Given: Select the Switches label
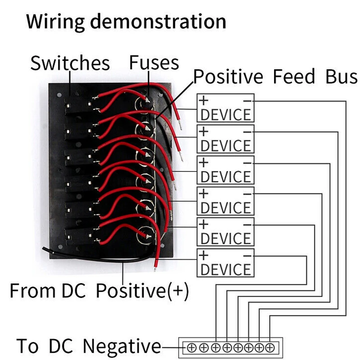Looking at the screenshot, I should [70, 63].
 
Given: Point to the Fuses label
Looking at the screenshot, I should [154, 63].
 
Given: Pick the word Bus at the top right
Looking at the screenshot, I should [342, 77].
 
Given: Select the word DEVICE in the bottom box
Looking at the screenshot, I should [225, 270].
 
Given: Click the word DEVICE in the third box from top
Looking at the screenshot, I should [225, 176].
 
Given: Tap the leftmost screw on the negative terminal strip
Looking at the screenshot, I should [191, 347].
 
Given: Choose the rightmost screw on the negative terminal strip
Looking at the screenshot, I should [270, 347].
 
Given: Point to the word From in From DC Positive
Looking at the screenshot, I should [29, 291].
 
